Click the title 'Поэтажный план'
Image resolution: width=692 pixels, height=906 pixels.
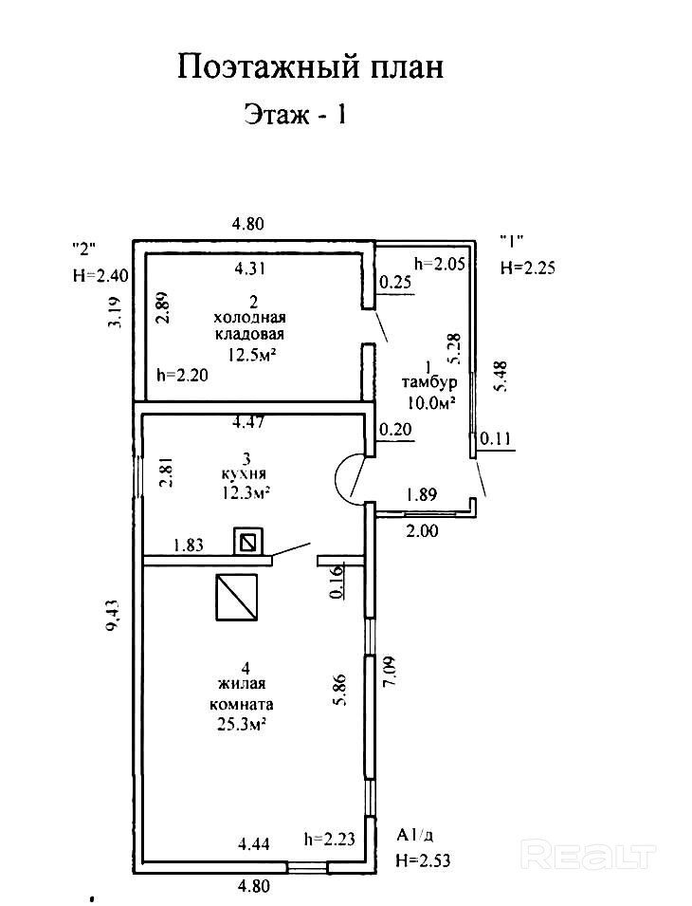point(311,67)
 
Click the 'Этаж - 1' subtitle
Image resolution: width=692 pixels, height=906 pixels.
point(297,117)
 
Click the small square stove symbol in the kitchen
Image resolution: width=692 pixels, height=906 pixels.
point(248,543)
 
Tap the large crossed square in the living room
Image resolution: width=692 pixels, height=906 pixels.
point(236,597)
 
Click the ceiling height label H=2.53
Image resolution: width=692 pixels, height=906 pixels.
point(422,861)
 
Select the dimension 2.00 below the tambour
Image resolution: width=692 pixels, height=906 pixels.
point(422,531)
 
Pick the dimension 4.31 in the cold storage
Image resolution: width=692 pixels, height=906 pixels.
point(250,268)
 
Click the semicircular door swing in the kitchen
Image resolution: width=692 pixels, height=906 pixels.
point(349,475)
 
